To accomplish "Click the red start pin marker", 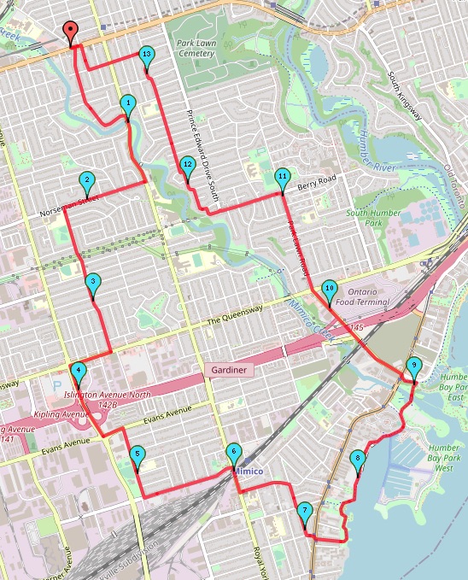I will (72, 32).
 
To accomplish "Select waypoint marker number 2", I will (86, 181).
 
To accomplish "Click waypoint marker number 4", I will (79, 372).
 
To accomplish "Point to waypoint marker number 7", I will (305, 513).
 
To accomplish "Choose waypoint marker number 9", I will (414, 367).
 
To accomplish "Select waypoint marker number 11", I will (283, 178).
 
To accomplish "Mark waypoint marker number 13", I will (147, 56).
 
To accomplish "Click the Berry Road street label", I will (317, 180).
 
